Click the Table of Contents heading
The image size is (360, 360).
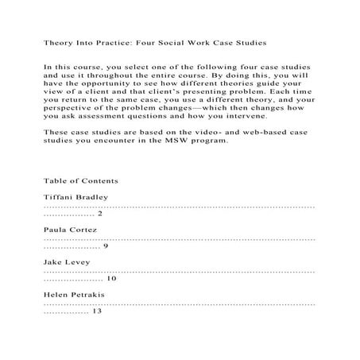(81, 180)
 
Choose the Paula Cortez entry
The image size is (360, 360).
(72, 229)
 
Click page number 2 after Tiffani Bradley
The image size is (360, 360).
(100, 214)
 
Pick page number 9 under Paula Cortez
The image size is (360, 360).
(106, 246)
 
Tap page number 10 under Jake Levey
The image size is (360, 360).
(111, 279)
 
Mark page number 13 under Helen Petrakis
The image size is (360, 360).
(98, 312)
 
